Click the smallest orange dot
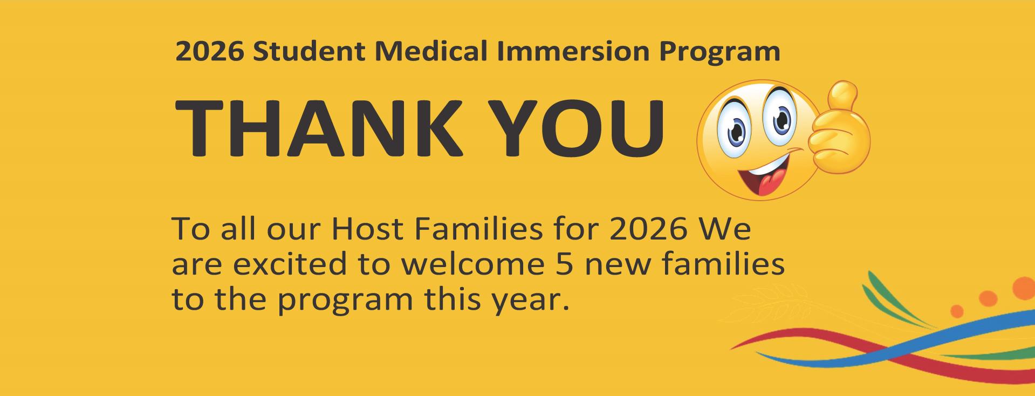point(957,311)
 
